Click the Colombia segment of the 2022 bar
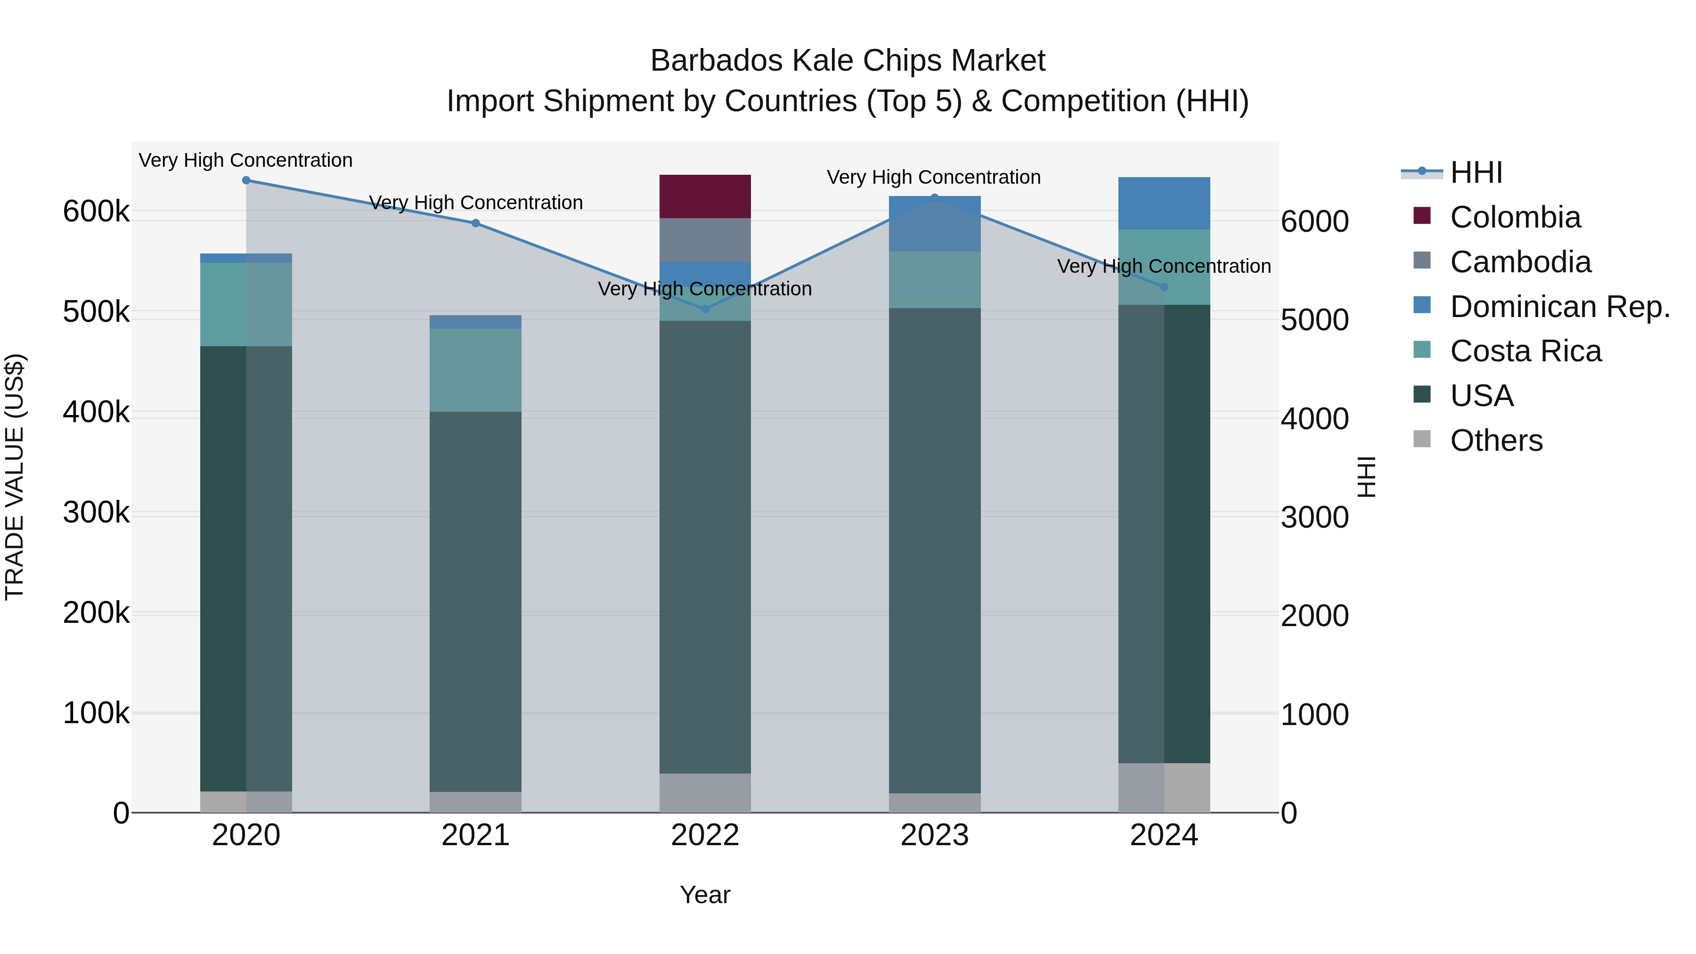tap(705, 196)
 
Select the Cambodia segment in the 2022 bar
tap(705, 240)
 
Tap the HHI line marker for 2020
tap(246, 180)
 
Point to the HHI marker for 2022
tap(705, 309)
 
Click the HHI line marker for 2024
tap(1164, 287)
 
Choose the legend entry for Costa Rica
tap(1525, 351)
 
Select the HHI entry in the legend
tap(1476, 172)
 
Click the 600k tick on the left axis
tap(96, 212)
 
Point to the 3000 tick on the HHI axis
tap(1314, 517)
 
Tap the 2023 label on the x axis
tap(934, 835)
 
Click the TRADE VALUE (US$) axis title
tap(15, 477)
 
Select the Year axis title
tap(705, 895)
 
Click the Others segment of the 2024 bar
tap(1164, 787)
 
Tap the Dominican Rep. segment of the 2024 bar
tap(1164, 203)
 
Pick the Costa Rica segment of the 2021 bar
tap(475, 370)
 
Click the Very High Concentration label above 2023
tap(934, 177)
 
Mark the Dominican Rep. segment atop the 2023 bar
tap(934, 224)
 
